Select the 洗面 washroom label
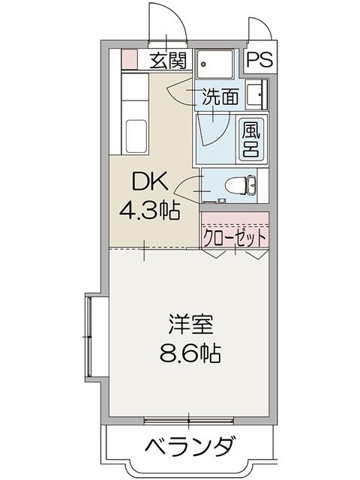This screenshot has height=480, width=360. tap(220, 96)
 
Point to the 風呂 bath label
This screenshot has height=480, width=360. tap(250, 138)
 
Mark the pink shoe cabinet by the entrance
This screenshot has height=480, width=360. tap(129, 58)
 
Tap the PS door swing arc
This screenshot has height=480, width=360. tap(260, 30)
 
